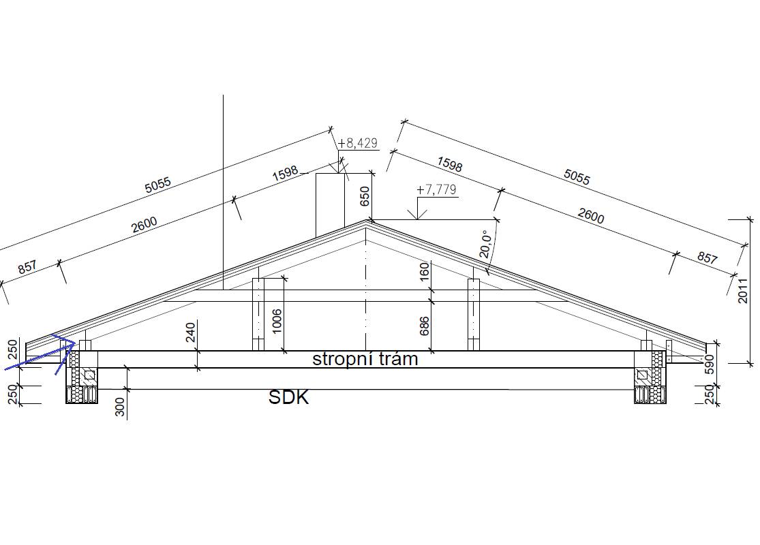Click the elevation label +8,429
click(x=358, y=143)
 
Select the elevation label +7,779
click(x=437, y=189)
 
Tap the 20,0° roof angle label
click(x=485, y=244)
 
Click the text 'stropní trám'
click(x=365, y=359)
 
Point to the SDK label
click(x=288, y=397)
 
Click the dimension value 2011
click(x=742, y=290)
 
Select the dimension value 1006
click(x=277, y=321)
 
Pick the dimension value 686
click(x=424, y=326)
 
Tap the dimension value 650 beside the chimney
click(x=365, y=196)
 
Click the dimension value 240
click(x=191, y=332)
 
